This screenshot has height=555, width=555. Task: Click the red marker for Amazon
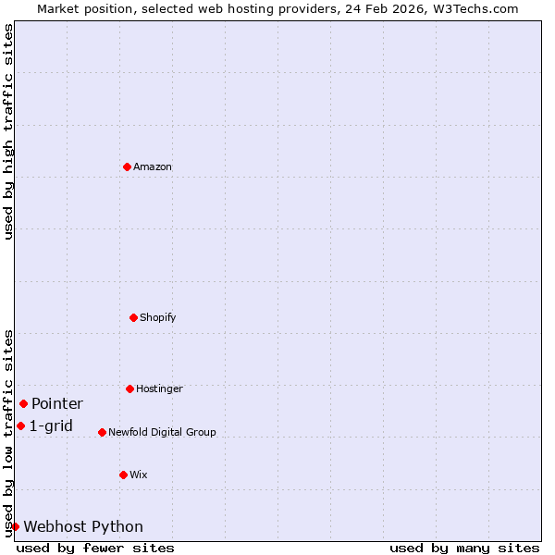coord(127,166)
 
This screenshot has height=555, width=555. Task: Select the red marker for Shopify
coord(133,317)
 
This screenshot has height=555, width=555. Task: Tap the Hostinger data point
coord(129,388)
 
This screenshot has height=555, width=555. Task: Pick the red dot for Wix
coord(123,475)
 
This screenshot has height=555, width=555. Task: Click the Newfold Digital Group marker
coord(102,432)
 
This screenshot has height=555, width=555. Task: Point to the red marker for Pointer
coord(23,403)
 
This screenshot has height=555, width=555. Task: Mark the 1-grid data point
coord(20,425)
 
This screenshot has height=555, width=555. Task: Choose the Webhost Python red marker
coord(15,526)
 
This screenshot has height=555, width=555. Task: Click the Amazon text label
coord(153,167)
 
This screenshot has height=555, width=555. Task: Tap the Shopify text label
coord(157,318)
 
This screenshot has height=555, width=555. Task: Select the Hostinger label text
coord(159,389)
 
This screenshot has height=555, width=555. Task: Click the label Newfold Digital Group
coord(162,432)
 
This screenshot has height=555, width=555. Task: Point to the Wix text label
coord(138,475)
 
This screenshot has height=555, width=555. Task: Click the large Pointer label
coord(57,404)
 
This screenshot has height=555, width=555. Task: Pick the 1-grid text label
coord(51,426)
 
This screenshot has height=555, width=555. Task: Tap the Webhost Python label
coord(83,527)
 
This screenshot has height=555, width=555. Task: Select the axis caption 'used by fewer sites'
coord(95,548)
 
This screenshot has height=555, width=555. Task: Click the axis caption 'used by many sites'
coord(464,548)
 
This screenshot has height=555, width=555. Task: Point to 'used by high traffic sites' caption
coord(8,131)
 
